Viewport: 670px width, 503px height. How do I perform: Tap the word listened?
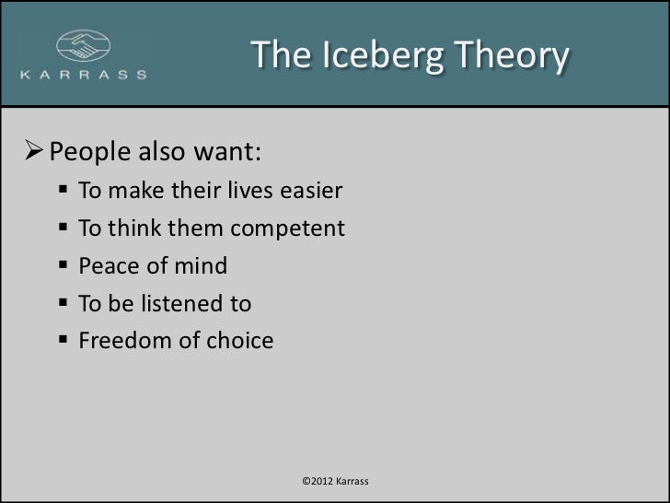click(181, 304)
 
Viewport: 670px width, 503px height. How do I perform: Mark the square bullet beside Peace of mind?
click(61, 268)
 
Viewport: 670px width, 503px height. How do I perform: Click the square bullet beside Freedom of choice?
click(61, 342)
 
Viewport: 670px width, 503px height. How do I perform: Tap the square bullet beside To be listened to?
click(61, 305)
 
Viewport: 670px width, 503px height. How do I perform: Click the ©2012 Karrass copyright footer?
click(335, 482)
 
